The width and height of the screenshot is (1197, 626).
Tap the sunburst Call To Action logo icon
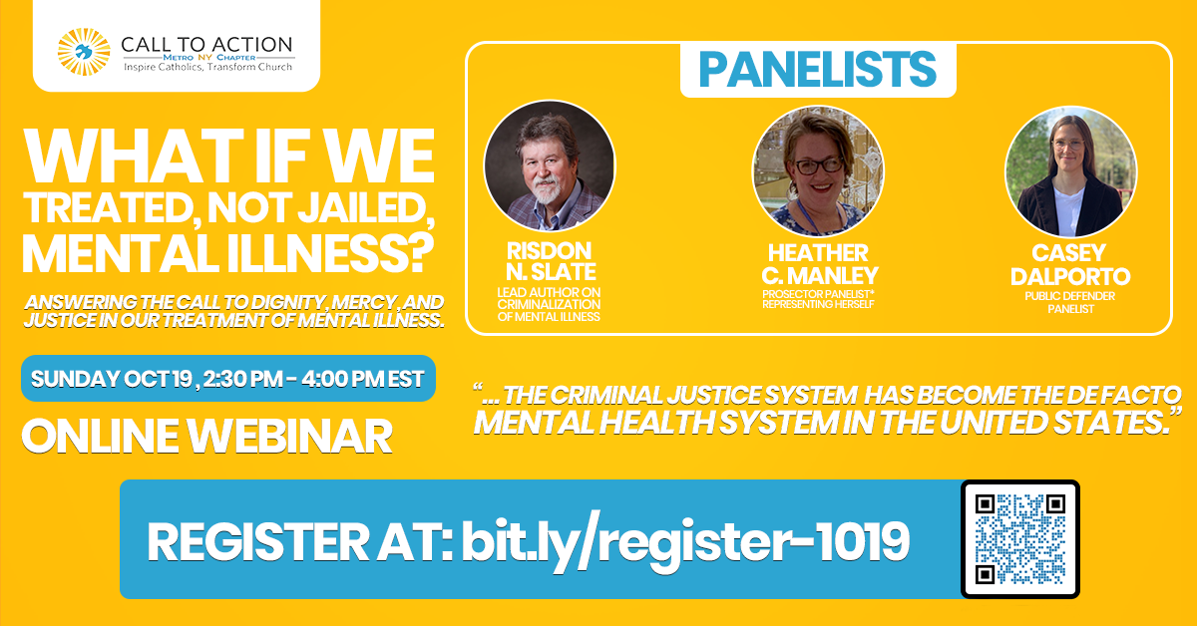(83, 53)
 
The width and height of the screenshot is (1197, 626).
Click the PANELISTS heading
(817, 69)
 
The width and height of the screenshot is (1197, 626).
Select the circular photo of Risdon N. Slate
(549, 166)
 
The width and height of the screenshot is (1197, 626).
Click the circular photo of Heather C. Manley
(818, 170)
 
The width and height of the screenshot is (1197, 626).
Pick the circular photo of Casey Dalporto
(1070, 170)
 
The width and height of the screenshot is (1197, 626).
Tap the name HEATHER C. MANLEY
(818, 263)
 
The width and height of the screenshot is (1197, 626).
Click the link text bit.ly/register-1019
(685, 540)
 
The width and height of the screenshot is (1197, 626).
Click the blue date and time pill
(228, 379)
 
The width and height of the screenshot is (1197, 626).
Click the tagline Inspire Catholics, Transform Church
(207, 67)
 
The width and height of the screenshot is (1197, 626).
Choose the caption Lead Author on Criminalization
(549, 303)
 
